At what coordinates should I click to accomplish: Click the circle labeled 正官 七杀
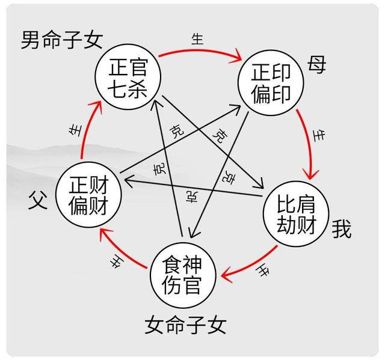pos(128,77)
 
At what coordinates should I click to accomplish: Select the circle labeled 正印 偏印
pos(271,83)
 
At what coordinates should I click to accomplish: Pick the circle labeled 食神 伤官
pos(183,275)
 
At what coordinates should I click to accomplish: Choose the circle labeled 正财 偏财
pos(88,195)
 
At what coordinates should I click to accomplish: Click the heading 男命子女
pos(61,40)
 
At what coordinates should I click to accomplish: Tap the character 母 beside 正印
pos(316,64)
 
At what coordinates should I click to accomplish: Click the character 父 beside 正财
pos(38,200)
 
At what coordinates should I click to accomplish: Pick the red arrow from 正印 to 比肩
pos(309,144)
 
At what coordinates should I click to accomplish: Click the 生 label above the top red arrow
pos(198,39)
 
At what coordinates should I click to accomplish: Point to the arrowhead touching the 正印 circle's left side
pos(236,108)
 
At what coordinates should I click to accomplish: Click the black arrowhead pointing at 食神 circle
pos(193,233)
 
